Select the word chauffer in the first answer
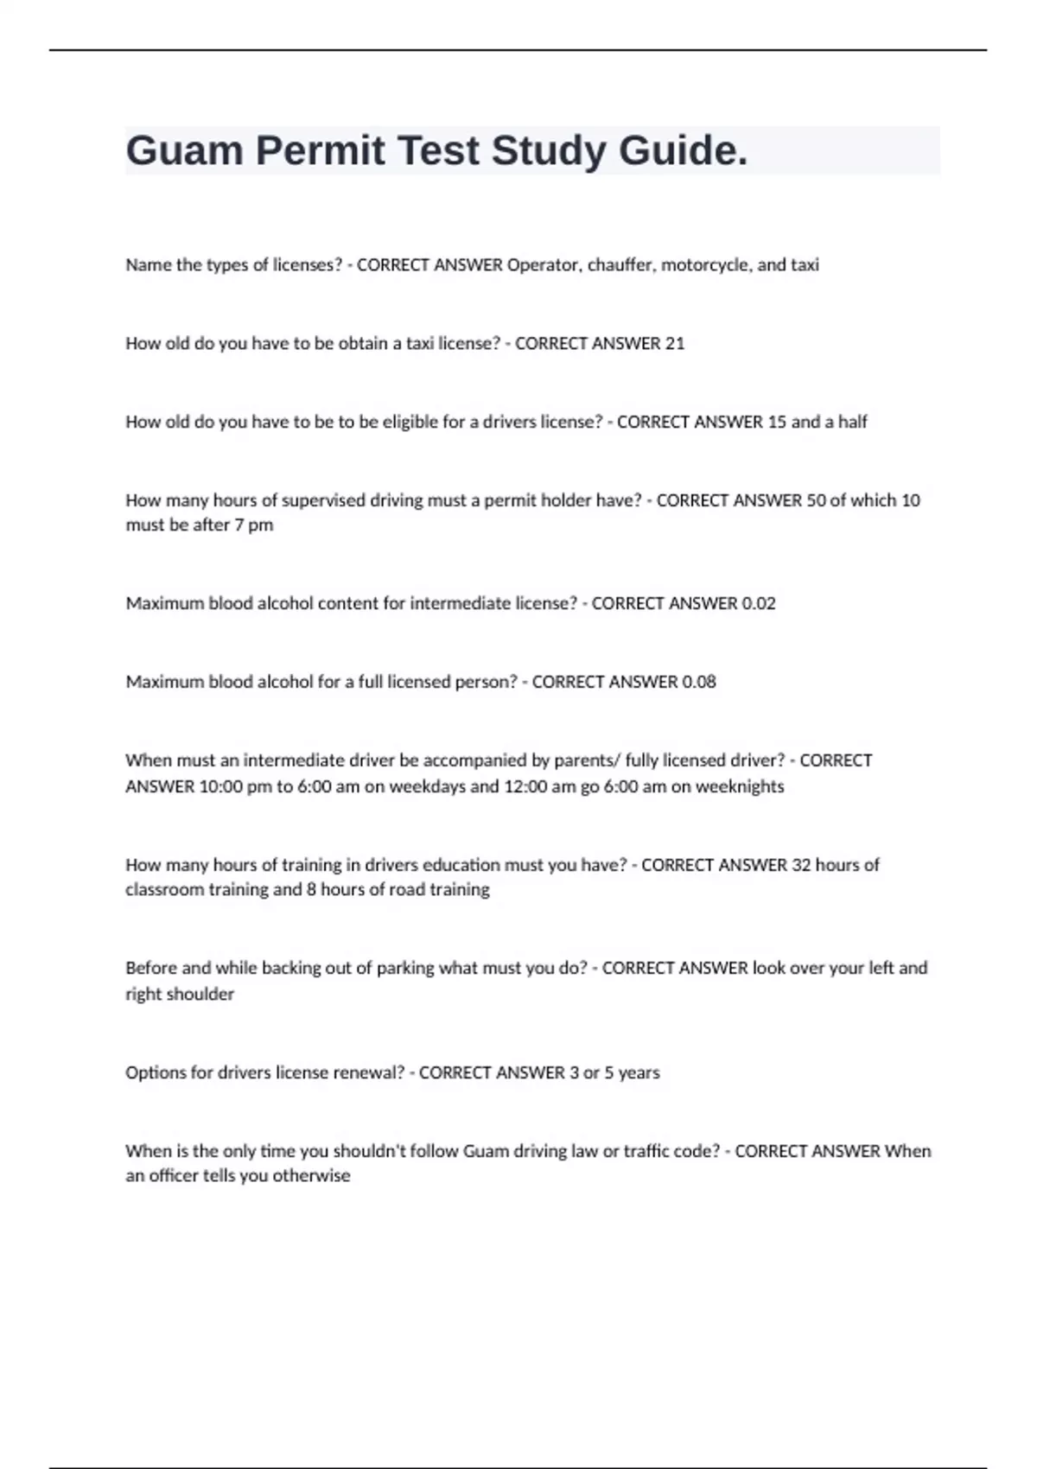pos(620,265)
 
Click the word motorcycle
pos(705,265)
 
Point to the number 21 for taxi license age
pos(674,344)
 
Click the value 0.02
pos(758,604)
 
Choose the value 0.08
pos(698,683)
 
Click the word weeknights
pos(740,787)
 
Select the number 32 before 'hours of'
pos(801,865)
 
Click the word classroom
pos(164,890)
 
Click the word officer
pos(174,1176)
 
